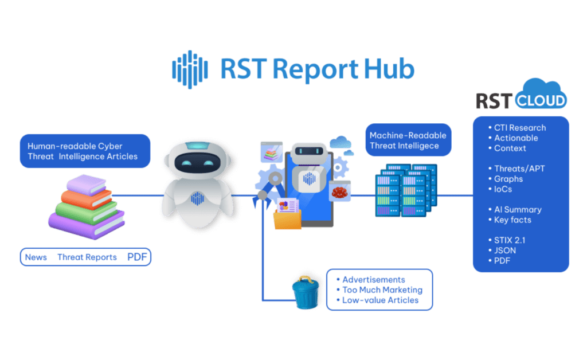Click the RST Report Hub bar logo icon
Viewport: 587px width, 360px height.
189,69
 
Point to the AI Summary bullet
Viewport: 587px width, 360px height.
518,210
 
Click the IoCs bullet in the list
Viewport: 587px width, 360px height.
503,189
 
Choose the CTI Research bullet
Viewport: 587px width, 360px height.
520,128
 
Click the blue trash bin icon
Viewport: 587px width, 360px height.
305,292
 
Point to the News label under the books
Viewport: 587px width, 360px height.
36,257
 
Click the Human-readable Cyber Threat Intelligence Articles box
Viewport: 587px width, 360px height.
85,151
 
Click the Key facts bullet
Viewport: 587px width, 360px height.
512,220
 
